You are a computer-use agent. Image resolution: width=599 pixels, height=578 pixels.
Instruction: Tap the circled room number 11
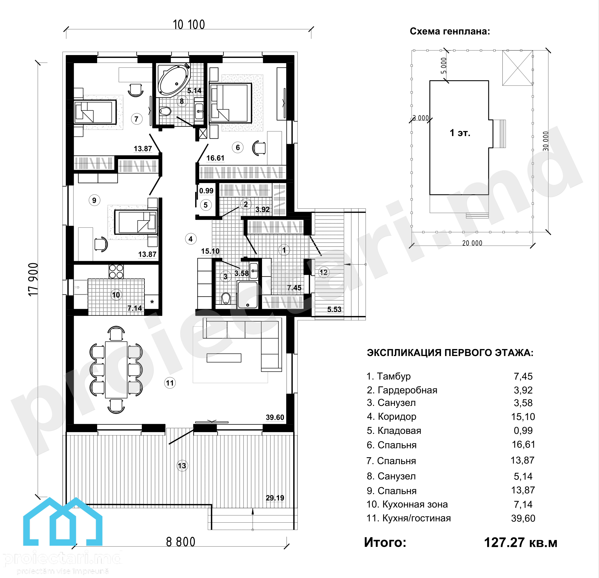pyautogui.click(x=169, y=383)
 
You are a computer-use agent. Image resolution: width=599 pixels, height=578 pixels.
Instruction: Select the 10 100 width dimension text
pyautogui.click(x=189, y=25)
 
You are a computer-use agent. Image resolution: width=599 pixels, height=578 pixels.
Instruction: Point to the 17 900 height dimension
pyautogui.click(x=33, y=279)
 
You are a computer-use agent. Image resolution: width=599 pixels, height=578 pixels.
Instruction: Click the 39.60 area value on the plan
pyautogui.click(x=275, y=417)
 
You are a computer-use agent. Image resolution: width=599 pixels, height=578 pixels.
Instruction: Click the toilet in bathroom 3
pyautogui.click(x=225, y=298)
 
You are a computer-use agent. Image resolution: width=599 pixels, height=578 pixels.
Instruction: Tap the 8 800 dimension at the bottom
pyautogui.click(x=181, y=542)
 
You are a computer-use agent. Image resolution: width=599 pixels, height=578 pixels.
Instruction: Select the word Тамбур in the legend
pyautogui.click(x=394, y=376)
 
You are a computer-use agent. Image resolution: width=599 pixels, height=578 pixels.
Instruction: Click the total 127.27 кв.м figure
pyautogui.click(x=521, y=543)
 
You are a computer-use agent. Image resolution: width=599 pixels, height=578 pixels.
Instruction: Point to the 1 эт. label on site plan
pyautogui.click(x=460, y=133)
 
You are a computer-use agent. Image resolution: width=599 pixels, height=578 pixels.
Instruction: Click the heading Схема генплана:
pyautogui.click(x=450, y=31)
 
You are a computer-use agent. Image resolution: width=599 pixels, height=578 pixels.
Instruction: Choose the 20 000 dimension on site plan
pyautogui.click(x=472, y=243)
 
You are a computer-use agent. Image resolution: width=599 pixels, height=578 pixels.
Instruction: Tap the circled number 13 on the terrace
pyautogui.click(x=182, y=466)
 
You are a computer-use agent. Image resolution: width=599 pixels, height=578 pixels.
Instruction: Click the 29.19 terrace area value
pyautogui.click(x=275, y=498)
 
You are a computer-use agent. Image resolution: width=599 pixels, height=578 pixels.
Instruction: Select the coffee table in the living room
pyautogui.click(x=224, y=358)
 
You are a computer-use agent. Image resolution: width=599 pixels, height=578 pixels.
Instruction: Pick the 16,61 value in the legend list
pyautogui.click(x=523, y=445)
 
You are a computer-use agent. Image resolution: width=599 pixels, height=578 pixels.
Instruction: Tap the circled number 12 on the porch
pyautogui.click(x=323, y=272)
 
